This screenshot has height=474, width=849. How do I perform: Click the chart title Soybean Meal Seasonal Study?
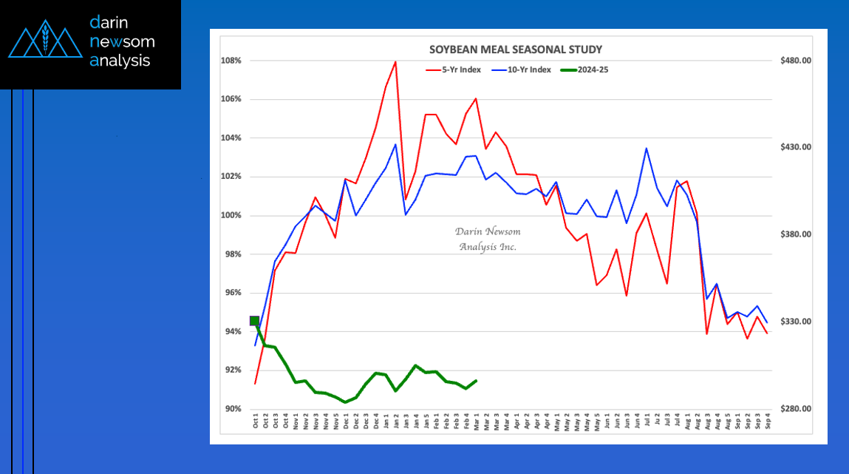click(516, 50)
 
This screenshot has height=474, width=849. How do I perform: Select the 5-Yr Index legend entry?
click(453, 70)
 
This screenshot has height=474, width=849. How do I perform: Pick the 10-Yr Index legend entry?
click(521, 70)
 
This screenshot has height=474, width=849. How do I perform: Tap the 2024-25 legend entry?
click(584, 70)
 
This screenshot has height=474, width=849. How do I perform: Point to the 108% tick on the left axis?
click(231, 61)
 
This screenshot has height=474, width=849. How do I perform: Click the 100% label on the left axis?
click(231, 215)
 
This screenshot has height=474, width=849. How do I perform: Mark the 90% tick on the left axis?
click(233, 408)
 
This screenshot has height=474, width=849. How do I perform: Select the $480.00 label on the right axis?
click(795, 61)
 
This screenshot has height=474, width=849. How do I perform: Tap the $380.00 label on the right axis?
click(795, 234)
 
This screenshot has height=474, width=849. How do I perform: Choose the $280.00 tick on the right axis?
click(795, 408)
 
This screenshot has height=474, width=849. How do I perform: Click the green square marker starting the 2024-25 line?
click(254, 321)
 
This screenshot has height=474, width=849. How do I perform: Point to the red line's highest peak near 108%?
click(396, 62)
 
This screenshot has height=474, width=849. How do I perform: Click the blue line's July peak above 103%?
click(646, 148)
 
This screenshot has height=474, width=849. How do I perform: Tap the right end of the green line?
click(477, 381)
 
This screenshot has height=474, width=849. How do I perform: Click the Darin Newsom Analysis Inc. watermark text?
click(488, 239)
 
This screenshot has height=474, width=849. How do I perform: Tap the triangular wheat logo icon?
click(46, 39)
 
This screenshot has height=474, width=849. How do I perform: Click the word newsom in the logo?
click(123, 41)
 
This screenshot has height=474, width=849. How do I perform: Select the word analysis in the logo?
click(120, 61)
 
